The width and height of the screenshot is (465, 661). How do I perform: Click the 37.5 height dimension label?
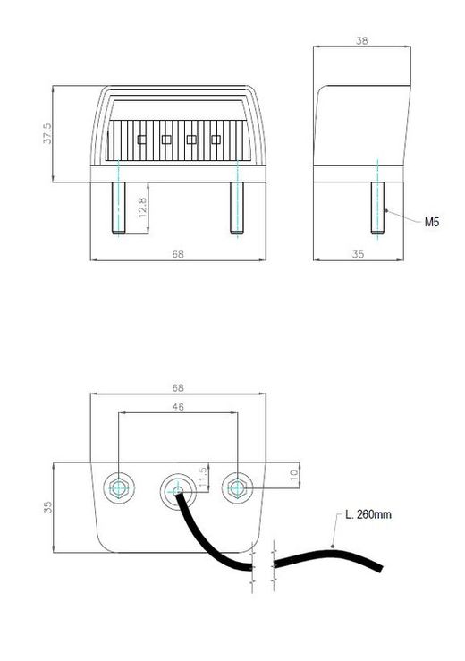click(x=46, y=133)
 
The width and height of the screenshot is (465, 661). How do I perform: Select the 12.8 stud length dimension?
click(x=142, y=208)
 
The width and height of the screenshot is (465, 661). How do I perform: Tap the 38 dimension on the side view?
click(x=361, y=41)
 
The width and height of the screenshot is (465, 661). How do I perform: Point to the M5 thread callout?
click(x=432, y=222)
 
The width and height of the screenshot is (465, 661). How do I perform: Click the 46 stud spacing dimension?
click(x=178, y=407)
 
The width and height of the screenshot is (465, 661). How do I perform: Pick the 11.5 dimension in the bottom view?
click(x=203, y=478)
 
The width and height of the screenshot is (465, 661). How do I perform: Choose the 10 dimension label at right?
click(x=294, y=476)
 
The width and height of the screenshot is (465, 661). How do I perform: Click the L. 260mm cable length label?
click(x=368, y=514)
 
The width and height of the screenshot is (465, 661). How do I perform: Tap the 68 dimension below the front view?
click(x=178, y=254)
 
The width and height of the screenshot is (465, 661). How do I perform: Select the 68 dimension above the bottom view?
click(x=178, y=387)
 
